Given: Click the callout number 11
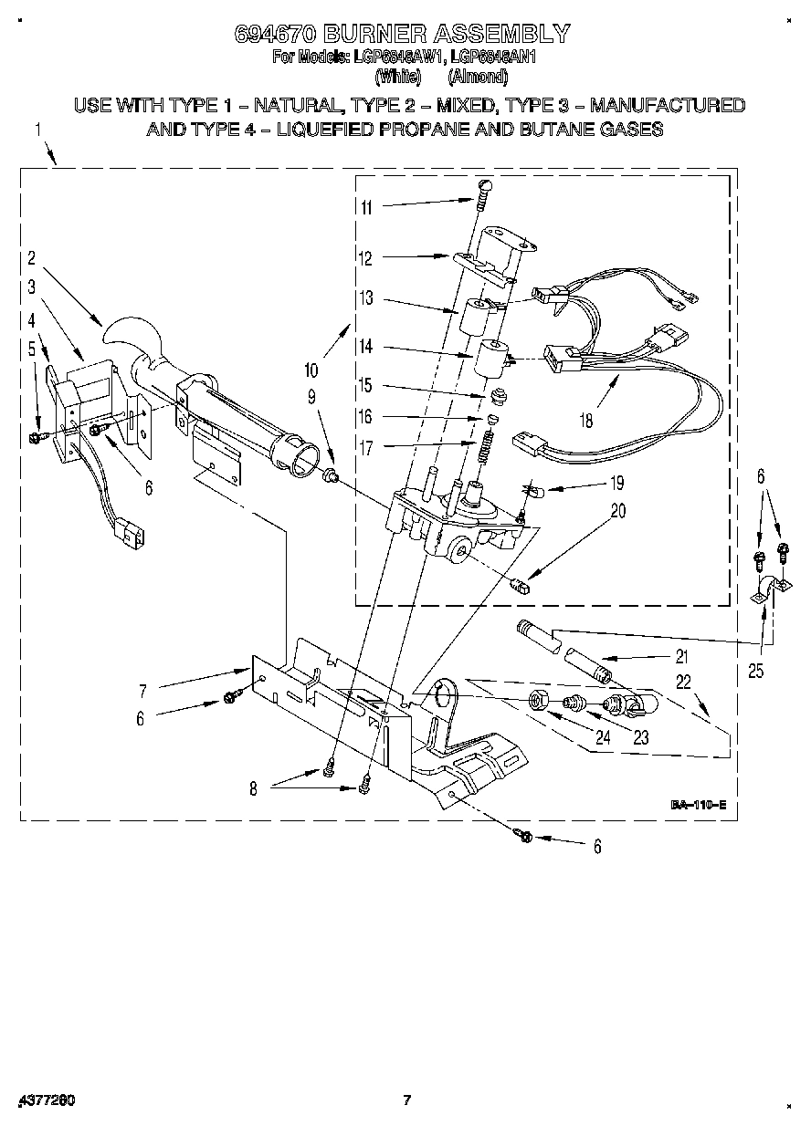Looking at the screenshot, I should coord(366,207).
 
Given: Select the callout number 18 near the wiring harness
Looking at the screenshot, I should coord(585,421).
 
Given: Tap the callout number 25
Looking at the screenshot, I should coord(756,672).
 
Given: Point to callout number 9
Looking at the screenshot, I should coord(311,396).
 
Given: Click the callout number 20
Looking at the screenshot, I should coord(618,511).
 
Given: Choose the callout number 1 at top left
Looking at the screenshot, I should coord(38,130).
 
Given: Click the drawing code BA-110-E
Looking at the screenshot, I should coord(698,805).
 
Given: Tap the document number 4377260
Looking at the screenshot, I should coord(46,1100).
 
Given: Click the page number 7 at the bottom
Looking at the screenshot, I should coord(407,1100).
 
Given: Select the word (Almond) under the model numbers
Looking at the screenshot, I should coord(480,76).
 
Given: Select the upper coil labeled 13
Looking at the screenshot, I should coord(480,315).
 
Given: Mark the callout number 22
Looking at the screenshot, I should coord(683,681).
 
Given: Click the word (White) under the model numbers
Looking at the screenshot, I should coord(398,76).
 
